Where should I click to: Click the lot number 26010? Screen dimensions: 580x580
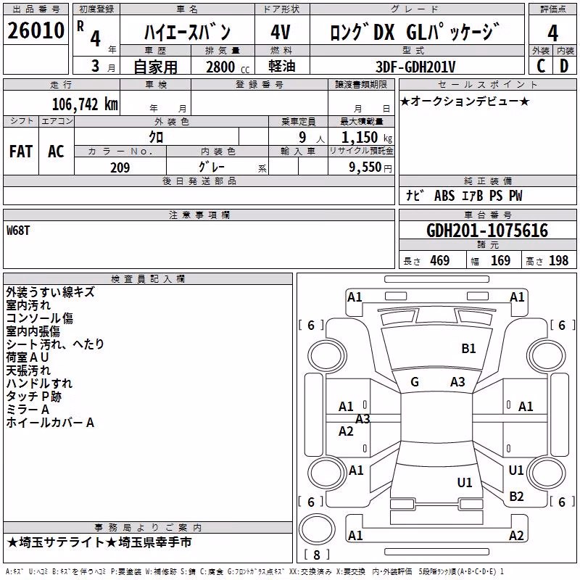pos(36,30)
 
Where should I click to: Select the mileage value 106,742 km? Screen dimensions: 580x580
pos(85,104)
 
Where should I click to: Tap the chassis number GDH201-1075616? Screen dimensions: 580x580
pos(487,231)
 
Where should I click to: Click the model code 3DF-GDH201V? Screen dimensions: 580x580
pos(415,67)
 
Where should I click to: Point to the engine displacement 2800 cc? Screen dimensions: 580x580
pos(228,67)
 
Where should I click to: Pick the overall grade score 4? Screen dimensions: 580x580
pos(552,33)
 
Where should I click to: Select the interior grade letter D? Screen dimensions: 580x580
pos(564,66)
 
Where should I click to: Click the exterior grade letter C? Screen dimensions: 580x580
pos(541,66)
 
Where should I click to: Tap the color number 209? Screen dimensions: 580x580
pos(120,167)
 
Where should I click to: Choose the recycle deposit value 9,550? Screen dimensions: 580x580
pos(365,167)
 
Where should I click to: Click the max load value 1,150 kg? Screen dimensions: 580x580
pos(367,137)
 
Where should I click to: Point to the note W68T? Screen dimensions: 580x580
pos(17,231)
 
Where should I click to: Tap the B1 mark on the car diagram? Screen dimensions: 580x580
pos(468,349)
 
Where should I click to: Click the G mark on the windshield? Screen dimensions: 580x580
pos(415,382)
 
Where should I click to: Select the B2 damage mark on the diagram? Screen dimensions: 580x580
pos(516,497)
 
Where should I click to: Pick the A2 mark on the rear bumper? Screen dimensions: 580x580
pos(516,535)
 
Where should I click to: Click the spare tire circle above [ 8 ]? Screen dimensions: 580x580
pos(317,529)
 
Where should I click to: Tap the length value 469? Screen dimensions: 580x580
pos(440,260)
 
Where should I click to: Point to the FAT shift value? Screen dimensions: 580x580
pos(21,152)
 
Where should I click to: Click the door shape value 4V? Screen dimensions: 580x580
pos(281,32)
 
